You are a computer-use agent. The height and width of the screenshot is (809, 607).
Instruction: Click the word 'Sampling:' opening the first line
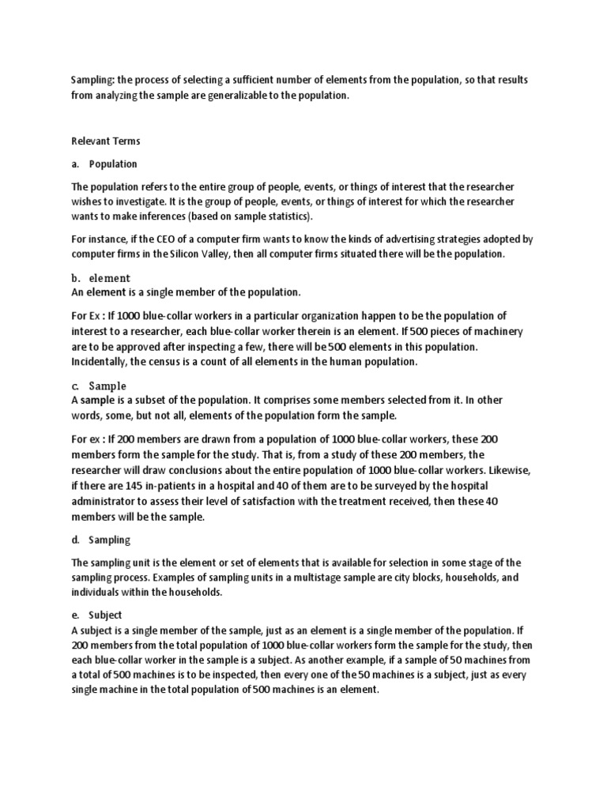click(92, 81)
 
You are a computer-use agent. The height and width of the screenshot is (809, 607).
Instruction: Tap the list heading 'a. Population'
click(104, 164)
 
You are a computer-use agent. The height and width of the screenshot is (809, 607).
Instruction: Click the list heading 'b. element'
click(100, 278)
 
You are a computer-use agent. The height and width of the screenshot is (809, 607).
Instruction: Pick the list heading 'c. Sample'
click(99, 386)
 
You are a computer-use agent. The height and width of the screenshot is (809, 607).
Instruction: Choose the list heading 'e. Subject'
click(99, 614)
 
